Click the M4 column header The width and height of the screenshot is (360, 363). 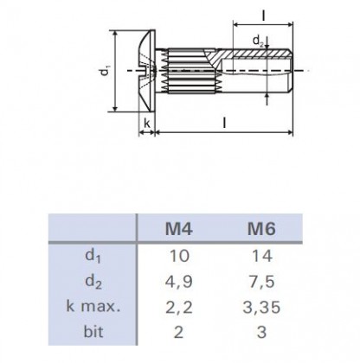pyautogui.click(x=180, y=229)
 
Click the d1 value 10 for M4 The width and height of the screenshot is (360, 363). pyautogui.click(x=180, y=257)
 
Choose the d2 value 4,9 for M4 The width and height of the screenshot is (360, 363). pyautogui.click(x=180, y=282)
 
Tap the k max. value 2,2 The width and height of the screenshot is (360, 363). pyautogui.click(x=180, y=306)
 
